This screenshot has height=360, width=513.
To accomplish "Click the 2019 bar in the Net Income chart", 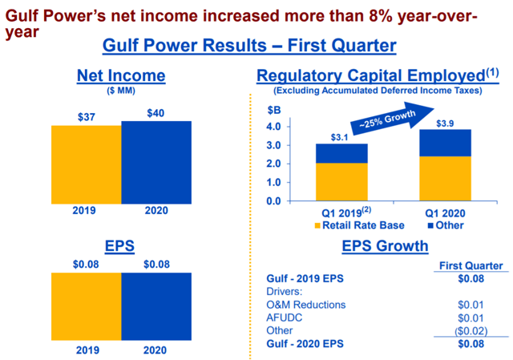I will (x=86, y=164).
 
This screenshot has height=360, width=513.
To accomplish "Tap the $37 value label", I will (x=87, y=117).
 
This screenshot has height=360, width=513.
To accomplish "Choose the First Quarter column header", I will (x=471, y=265).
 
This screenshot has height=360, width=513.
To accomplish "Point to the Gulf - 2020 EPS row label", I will (x=305, y=345).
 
